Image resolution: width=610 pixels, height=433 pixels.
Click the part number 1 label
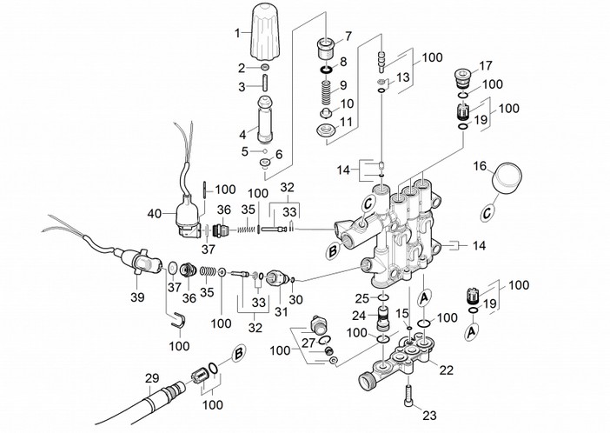click(236, 34)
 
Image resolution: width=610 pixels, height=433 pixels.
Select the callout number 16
click(479, 165)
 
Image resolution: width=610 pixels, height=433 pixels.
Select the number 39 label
click(137, 296)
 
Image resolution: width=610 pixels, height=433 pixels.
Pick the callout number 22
click(447, 370)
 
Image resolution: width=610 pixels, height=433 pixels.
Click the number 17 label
click(485, 65)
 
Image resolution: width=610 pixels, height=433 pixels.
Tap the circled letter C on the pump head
click(368, 205)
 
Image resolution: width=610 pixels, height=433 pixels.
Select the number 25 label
click(361, 298)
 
